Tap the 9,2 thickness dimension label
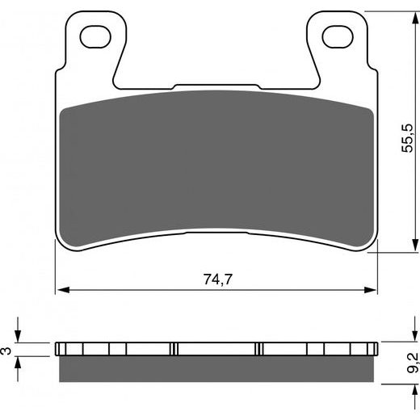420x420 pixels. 413,362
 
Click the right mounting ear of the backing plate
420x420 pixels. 336,48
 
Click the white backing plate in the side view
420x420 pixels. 216,348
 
